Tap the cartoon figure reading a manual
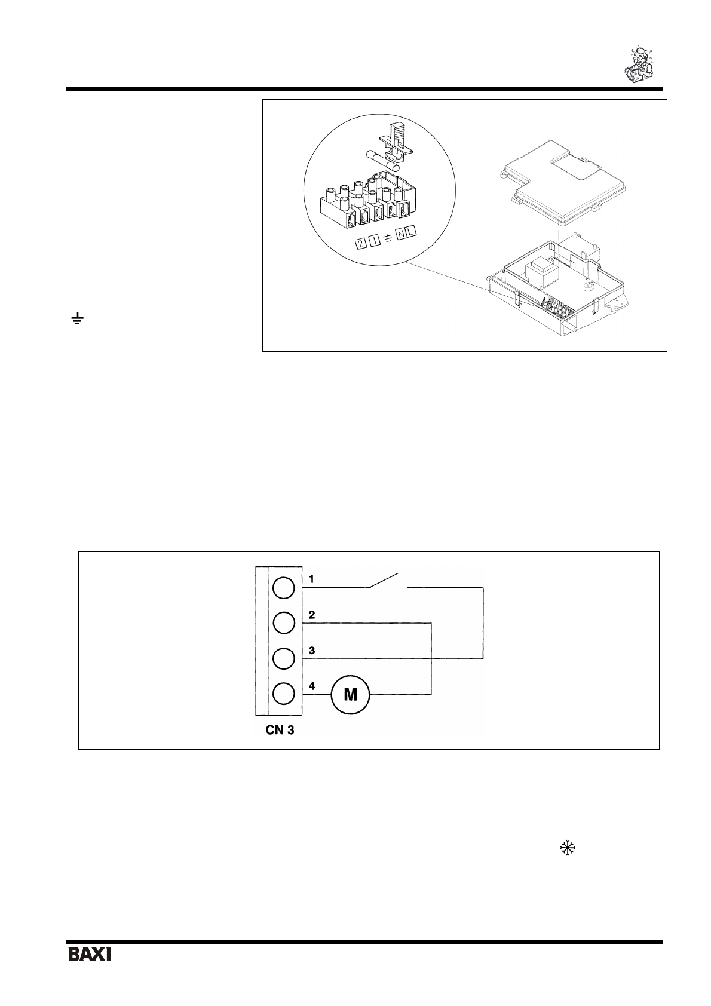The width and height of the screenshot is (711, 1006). (638, 63)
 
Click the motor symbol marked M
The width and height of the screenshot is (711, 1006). (350, 694)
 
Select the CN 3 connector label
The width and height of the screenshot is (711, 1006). (280, 730)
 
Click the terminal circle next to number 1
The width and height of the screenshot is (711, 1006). (283, 588)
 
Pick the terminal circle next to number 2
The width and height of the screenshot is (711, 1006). (283, 623)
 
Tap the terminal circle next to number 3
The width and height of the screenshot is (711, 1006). (283, 658)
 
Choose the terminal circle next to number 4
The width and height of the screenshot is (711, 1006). (283, 694)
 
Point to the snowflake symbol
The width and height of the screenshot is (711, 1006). (566, 848)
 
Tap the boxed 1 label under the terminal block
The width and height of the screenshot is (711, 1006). (373, 240)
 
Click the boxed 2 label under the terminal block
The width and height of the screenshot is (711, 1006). (361, 244)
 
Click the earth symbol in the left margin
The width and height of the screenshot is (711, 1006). (76, 320)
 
